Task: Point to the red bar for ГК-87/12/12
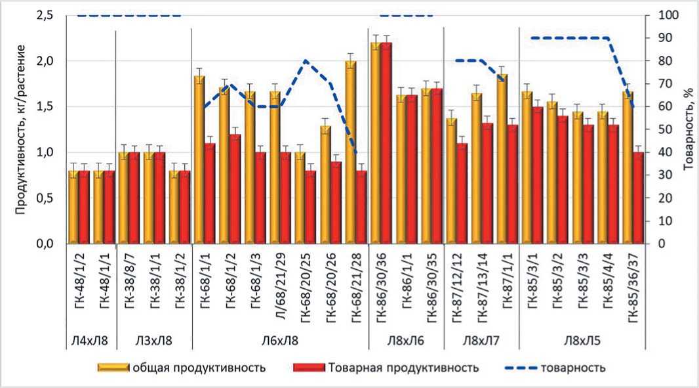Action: point(463,194)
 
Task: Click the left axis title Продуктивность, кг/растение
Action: point(21,128)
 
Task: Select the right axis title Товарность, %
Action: point(687,129)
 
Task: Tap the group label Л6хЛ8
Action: point(279,341)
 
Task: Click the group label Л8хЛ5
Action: point(582,341)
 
